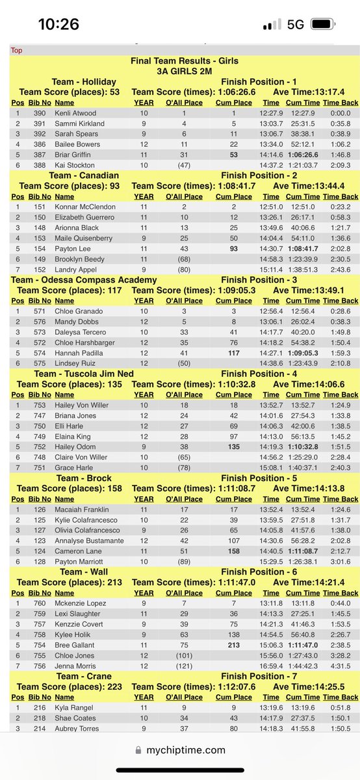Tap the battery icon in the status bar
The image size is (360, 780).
coord(325,25)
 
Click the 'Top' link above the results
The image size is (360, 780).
coord(16,50)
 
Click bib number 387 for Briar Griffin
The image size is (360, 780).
coord(40,155)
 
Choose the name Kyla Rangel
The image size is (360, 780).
coord(73,707)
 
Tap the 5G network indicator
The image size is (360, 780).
coord(296,25)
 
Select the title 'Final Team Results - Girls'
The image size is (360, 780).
coord(185,61)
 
